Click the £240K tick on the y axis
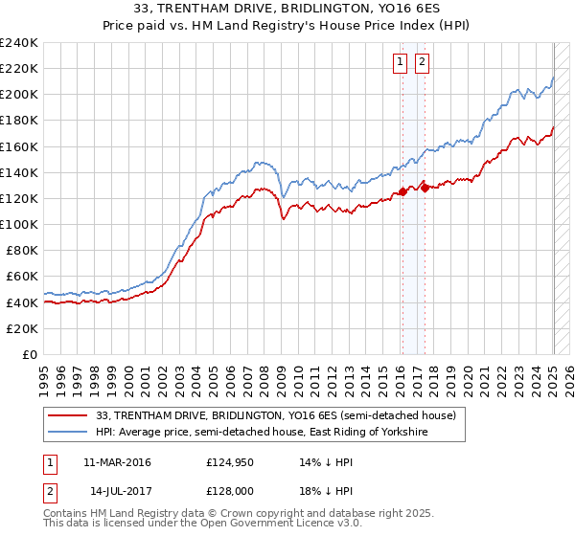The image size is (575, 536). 19,43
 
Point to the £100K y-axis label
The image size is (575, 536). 19,224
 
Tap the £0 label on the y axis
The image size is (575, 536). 31,354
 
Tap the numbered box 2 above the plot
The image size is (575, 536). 422,63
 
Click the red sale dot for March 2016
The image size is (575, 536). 402,191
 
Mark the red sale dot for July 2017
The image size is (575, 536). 425,188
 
